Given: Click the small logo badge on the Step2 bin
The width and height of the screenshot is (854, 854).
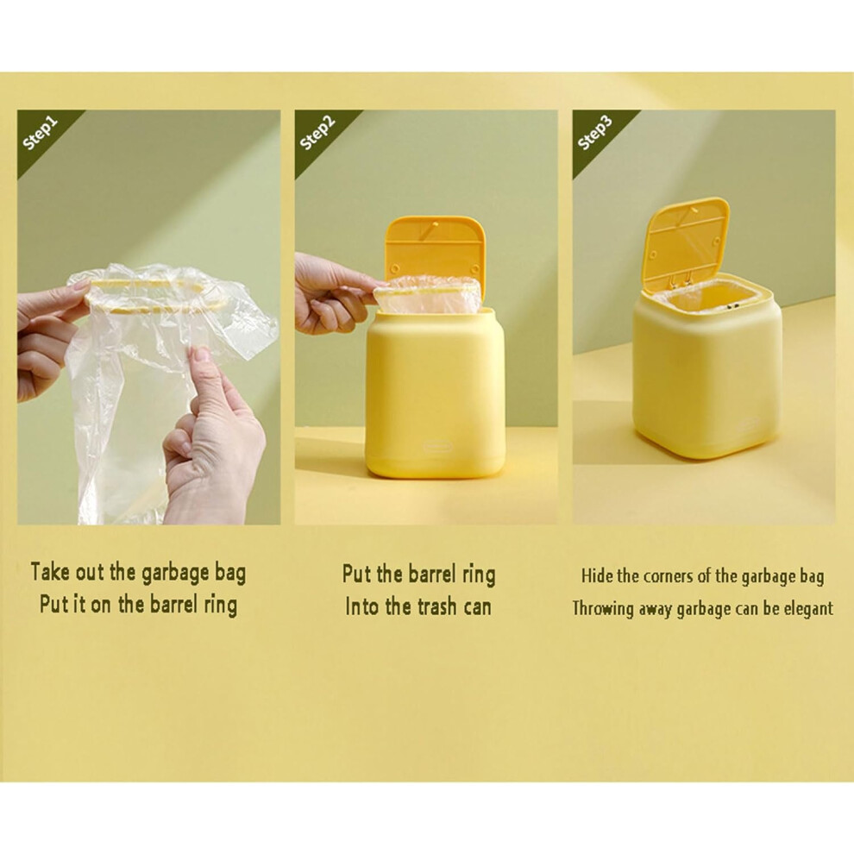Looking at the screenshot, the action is click(x=437, y=447).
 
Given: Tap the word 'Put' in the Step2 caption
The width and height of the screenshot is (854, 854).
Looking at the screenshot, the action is click(x=357, y=574).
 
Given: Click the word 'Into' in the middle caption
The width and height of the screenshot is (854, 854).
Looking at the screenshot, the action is click(x=362, y=606).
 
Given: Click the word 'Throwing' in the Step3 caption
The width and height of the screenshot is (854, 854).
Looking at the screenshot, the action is click(x=602, y=609).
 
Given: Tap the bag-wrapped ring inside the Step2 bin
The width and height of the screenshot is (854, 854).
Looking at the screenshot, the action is click(x=428, y=293).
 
